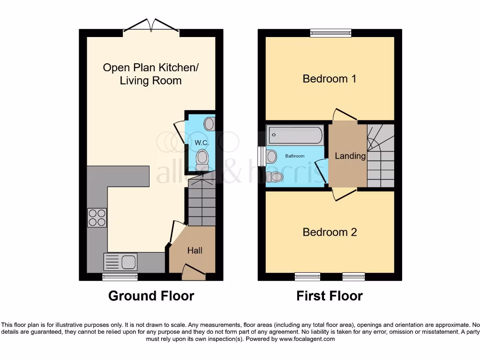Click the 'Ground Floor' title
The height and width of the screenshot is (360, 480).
151,296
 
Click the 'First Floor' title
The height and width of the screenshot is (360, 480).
330,296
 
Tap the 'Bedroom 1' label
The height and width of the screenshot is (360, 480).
330,79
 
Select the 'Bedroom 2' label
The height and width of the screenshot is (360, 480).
330,232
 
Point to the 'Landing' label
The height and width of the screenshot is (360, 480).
350,156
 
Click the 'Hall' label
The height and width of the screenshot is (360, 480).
195,251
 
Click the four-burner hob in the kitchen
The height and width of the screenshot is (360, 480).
97,217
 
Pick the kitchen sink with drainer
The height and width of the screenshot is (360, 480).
120,262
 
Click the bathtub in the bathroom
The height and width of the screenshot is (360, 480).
295,135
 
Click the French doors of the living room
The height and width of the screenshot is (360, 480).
151,27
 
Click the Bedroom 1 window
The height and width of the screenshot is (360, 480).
330,33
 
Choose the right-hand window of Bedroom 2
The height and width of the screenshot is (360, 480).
353,276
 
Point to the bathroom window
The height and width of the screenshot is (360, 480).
261,156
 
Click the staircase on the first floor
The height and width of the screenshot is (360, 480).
380,156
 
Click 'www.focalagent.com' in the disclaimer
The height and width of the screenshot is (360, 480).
307,339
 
